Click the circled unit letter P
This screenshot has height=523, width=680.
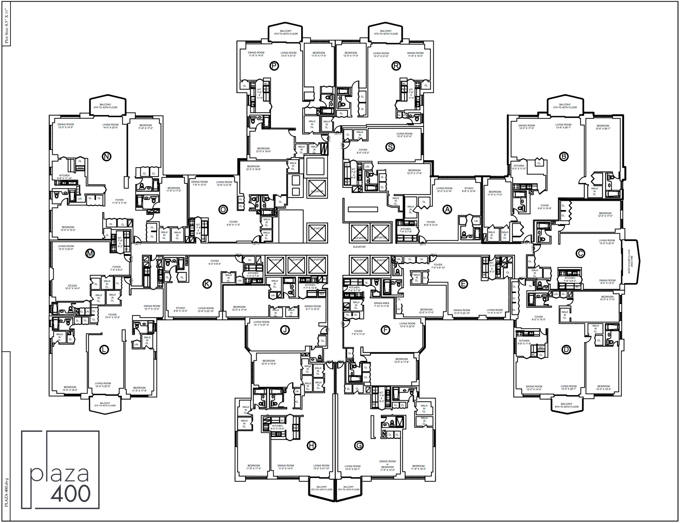(x=274, y=66)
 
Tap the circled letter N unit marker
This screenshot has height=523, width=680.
(x=106, y=156)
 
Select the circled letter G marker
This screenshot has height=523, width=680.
(x=359, y=446)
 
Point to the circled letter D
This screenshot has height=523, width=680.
(x=566, y=350)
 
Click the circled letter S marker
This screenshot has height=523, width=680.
(x=390, y=147)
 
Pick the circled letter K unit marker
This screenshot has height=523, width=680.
(x=207, y=284)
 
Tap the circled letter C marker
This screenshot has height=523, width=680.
(x=580, y=253)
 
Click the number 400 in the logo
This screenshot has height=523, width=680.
(x=70, y=493)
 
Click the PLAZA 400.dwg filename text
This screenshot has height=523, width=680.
(x=6, y=492)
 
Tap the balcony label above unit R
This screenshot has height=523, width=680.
(x=386, y=32)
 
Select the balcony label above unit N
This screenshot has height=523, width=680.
(x=105, y=106)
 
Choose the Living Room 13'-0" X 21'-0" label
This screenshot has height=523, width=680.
(x=404, y=135)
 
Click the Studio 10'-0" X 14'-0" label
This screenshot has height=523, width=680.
(x=72, y=287)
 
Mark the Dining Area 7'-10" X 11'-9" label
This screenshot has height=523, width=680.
(x=381, y=304)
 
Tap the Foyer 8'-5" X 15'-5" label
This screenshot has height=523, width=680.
(x=538, y=318)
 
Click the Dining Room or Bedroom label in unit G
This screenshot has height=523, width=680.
(x=387, y=466)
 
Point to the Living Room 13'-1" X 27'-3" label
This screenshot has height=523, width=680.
(x=261, y=323)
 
